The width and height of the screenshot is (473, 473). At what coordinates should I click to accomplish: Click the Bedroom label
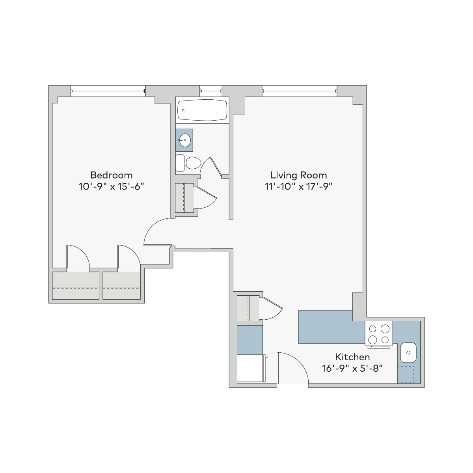pyautogui.click(x=111, y=175)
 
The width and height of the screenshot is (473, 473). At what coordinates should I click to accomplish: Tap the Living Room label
pyautogui.click(x=298, y=175)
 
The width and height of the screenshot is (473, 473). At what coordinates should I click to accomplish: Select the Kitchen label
pyautogui.click(x=352, y=357)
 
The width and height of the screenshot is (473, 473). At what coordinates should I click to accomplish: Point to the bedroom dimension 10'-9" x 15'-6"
pyautogui.click(x=111, y=186)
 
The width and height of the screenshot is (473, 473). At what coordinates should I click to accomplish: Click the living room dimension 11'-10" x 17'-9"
pyautogui.click(x=298, y=186)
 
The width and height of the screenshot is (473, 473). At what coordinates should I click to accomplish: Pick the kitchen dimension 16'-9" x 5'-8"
pyautogui.click(x=352, y=369)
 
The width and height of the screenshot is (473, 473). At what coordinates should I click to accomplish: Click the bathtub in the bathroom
pyautogui.click(x=202, y=110)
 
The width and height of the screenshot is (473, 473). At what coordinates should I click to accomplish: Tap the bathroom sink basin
pyautogui.click(x=184, y=140)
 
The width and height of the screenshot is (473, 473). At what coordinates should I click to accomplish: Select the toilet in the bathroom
pyautogui.click(x=188, y=163)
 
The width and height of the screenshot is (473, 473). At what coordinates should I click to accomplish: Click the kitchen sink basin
pyautogui.click(x=408, y=352)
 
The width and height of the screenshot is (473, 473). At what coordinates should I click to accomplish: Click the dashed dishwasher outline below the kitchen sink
pyautogui.click(x=406, y=374)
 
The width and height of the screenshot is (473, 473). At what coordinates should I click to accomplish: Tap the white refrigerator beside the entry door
pyautogui.click(x=250, y=368)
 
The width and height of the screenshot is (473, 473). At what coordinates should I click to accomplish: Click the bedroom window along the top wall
pyautogui.click(x=108, y=91)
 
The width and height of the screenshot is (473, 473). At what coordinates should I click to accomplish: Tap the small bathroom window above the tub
pyautogui.click(x=211, y=91)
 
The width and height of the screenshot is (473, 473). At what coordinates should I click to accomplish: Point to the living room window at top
pyautogui.click(x=300, y=91)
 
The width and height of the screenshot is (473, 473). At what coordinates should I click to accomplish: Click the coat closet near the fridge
pyautogui.click(x=248, y=308)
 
